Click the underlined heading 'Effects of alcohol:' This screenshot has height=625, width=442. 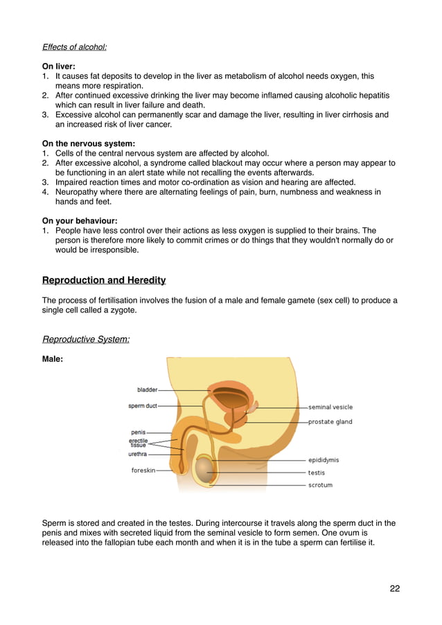pos(74,47)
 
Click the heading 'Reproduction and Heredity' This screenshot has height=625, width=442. pos(104,280)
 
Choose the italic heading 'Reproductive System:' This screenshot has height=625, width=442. pos(86,339)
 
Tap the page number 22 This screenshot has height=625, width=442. pos(394,588)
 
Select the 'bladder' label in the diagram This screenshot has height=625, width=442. pos(147,390)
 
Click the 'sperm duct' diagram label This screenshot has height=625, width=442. pos(143,406)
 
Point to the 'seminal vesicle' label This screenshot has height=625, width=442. pos(330,407)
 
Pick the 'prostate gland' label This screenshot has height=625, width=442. pos(330,421)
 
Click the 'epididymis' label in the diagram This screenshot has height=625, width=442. pos(324,460)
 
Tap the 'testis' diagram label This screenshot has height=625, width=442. pos(316,473)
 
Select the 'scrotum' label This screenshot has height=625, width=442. pos(320,485)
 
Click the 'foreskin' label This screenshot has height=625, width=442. pos(144,470)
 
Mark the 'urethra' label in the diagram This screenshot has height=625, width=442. pos(137,455)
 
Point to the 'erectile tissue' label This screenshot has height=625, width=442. pos(138,442)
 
